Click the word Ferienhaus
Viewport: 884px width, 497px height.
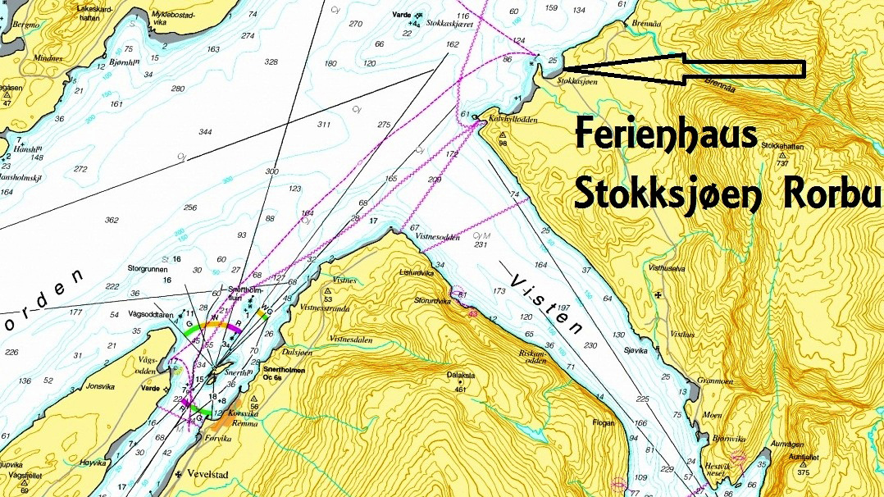(666, 135)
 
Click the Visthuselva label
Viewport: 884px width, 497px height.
(670, 267)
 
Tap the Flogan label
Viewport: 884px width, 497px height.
(603, 423)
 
